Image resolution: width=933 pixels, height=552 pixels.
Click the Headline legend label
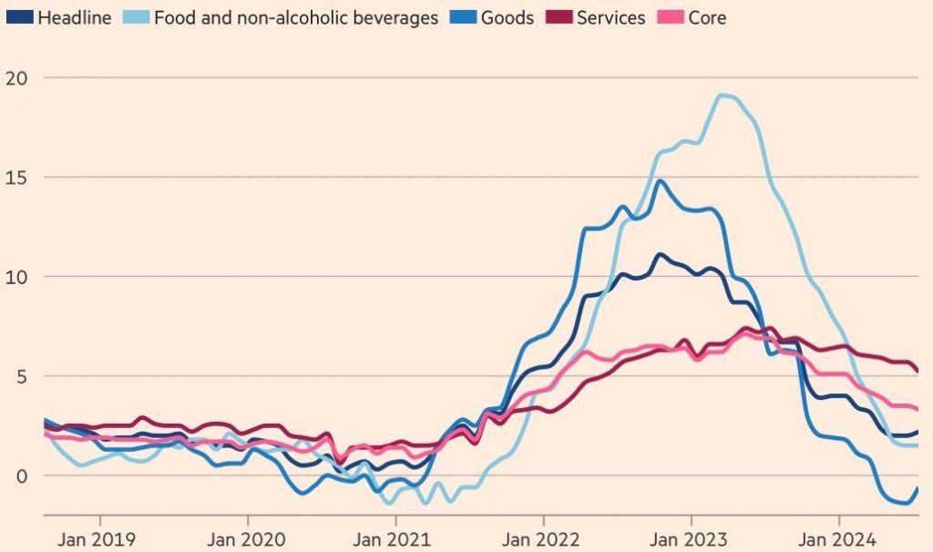point(75,17)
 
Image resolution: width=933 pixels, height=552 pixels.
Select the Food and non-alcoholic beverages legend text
point(296,17)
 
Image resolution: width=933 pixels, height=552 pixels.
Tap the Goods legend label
point(507,17)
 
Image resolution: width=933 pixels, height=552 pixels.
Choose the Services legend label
point(610,17)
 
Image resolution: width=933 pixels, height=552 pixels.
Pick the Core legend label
point(707,17)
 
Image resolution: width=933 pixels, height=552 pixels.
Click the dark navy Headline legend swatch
point(20,16)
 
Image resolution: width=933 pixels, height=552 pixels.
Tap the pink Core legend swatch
point(670,16)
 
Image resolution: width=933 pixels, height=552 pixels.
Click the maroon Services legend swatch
point(559,16)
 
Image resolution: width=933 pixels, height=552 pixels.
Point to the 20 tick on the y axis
point(16,78)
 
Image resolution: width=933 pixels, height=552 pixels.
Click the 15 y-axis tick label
point(16,178)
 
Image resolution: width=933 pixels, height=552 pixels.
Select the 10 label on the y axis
point(16,277)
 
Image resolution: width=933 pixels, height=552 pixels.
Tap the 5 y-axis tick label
point(22,376)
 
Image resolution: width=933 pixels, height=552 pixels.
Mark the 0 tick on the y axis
point(22,475)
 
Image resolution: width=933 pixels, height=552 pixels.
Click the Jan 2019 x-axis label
point(97,539)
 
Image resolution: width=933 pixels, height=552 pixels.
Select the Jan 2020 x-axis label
point(246,539)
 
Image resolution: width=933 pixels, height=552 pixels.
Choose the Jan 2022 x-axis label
point(540,539)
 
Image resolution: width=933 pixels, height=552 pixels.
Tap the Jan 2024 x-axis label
point(836,539)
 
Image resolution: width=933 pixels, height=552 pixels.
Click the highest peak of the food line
point(722,95)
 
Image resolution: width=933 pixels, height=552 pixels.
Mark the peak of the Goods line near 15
point(660,181)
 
